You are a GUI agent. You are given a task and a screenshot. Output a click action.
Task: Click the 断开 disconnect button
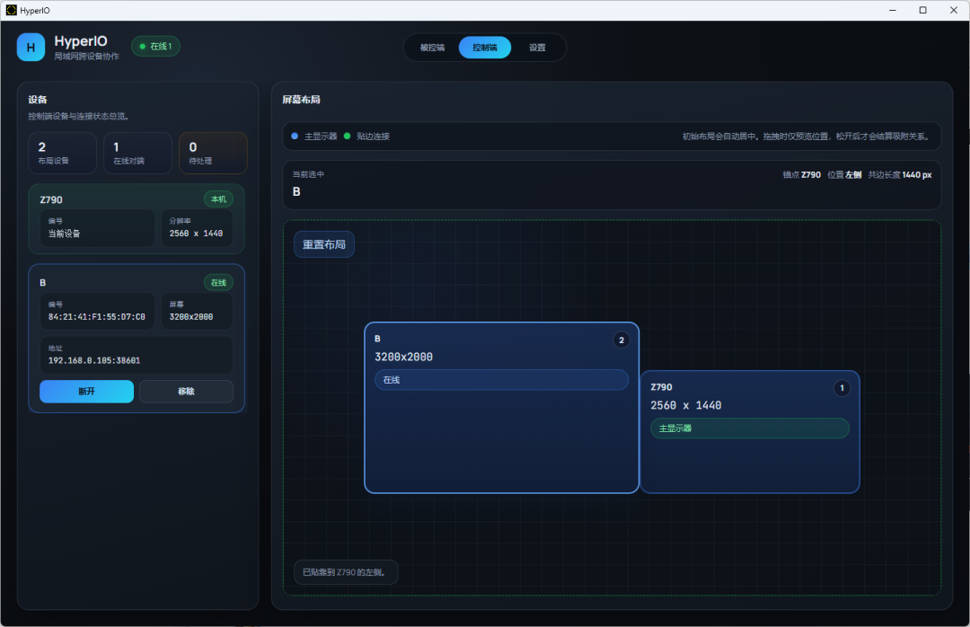pyautogui.click(x=86, y=391)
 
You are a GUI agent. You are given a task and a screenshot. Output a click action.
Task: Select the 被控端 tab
pyautogui.click(x=432, y=48)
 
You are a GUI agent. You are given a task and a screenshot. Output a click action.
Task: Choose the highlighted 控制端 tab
pyautogui.click(x=485, y=48)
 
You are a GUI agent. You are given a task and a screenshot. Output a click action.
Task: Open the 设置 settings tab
pyautogui.click(x=537, y=48)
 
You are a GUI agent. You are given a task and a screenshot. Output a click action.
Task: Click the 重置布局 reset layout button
pyautogui.click(x=324, y=244)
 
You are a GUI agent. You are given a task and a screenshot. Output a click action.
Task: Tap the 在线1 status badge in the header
pyautogui.click(x=156, y=47)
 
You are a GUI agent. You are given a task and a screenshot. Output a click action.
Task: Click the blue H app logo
pyautogui.click(x=31, y=47)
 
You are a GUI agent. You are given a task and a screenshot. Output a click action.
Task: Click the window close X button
pyautogui.click(x=953, y=10)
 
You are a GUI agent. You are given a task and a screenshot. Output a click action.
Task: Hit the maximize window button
pyautogui.click(x=923, y=10)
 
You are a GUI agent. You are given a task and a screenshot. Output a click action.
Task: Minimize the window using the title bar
pyautogui.click(x=893, y=10)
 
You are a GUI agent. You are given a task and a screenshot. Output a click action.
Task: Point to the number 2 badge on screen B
pyautogui.click(x=622, y=340)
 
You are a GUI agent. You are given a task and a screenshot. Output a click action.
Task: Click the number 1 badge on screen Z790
pyautogui.click(x=842, y=388)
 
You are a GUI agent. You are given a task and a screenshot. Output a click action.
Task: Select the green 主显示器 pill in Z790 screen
pyautogui.click(x=750, y=428)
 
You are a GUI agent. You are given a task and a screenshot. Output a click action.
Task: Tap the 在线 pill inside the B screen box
pyautogui.click(x=502, y=380)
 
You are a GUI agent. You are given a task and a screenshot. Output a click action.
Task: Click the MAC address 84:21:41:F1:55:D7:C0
pyautogui.click(x=97, y=317)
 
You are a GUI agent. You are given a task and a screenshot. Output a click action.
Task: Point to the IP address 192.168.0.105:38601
pyautogui.click(x=94, y=360)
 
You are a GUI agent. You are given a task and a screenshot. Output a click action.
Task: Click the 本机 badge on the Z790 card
pyautogui.click(x=218, y=199)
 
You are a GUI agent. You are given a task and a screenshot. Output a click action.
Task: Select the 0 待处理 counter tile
pyautogui.click(x=213, y=153)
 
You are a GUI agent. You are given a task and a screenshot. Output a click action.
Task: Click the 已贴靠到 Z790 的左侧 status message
pyautogui.click(x=344, y=572)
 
